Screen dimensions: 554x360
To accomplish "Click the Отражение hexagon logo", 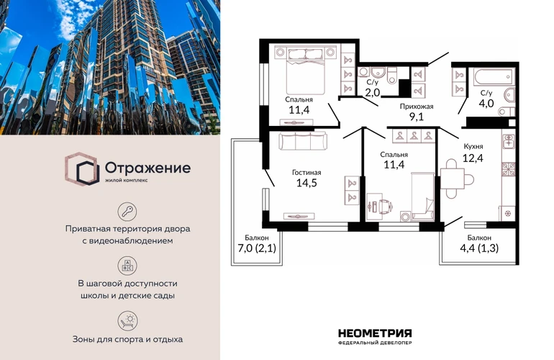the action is pyautogui.click(x=81, y=169).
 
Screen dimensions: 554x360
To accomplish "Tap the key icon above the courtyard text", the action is pyautogui.click(x=127, y=212).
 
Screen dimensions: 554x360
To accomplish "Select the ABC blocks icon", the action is pyautogui.click(x=127, y=266).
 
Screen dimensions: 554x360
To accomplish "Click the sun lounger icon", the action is pyautogui.click(x=127, y=320).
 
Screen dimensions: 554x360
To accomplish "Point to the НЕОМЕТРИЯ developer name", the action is pyautogui.click(x=375, y=333).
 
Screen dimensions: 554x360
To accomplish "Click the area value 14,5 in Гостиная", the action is pyautogui.click(x=306, y=183).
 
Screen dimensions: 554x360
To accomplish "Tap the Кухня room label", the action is pyautogui.click(x=473, y=146).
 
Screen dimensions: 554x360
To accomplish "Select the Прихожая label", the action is pyautogui.click(x=417, y=106).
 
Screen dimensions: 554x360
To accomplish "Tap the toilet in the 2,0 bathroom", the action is pyautogui.click(x=392, y=76).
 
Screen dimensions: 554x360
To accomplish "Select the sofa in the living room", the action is pyautogui.click(x=303, y=140).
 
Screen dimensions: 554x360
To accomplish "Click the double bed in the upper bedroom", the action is pyautogui.click(x=305, y=71).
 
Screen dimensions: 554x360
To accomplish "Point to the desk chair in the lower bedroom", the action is pyautogui.click(x=385, y=206).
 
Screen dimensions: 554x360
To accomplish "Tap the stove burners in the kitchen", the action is pyautogui.click(x=509, y=168).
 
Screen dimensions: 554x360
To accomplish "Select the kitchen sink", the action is pyautogui.click(x=509, y=140).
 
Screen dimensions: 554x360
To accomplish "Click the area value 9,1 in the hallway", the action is pyautogui.click(x=417, y=117).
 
